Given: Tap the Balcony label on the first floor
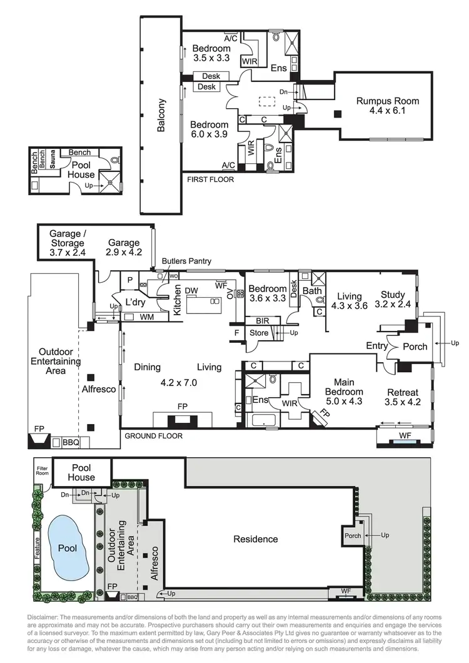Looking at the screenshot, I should click(x=162, y=116).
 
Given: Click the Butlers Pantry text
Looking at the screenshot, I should click(x=186, y=260).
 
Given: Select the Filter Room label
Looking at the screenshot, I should click(x=42, y=470).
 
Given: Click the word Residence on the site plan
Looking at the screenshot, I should click(x=255, y=539).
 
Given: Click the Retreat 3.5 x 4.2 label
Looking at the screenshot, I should click(x=402, y=397).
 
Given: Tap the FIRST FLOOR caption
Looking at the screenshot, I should click(x=210, y=180).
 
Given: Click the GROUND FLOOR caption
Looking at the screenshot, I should click(x=153, y=435).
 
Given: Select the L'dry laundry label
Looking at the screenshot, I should click(x=135, y=302).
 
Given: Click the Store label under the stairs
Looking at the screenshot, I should click(x=259, y=333).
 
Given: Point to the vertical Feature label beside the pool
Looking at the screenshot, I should click(x=38, y=549).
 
